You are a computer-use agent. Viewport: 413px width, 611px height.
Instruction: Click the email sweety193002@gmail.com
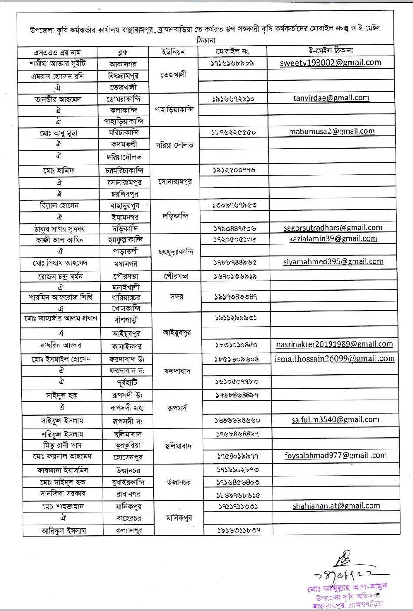[x=330, y=63]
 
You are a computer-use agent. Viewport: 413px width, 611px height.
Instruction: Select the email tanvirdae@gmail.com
[x=331, y=98]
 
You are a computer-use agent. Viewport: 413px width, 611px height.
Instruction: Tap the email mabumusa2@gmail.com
[x=331, y=131]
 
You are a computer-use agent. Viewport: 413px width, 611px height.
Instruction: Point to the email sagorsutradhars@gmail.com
[x=333, y=228]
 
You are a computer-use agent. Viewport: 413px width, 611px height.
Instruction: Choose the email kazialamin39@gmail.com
[x=333, y=238]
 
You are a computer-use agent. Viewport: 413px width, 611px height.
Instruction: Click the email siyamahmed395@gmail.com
[x=333, y=261]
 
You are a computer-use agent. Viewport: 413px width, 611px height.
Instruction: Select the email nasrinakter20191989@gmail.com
[x=334, y=344]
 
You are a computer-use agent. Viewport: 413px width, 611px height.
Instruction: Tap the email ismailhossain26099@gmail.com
[x=335, y=359]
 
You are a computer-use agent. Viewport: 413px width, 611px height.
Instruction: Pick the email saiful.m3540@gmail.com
[x=335, y=419]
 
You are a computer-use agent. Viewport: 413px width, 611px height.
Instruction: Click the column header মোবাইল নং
[x=232, y=51]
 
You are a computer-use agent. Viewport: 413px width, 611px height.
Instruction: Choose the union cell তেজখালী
[x=173, y=75]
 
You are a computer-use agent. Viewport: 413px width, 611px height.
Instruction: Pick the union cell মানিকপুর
[x=179, y=518]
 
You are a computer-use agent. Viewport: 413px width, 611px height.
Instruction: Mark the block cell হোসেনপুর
[x=127, y=457]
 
